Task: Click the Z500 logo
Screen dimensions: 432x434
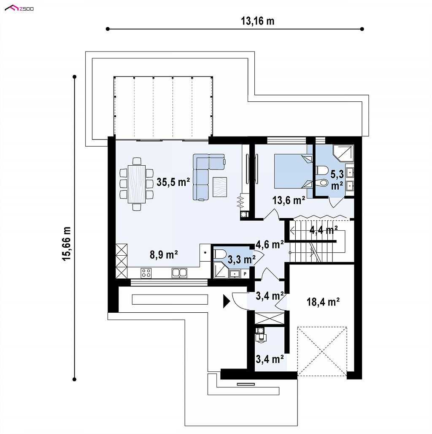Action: click(x=19, y=8)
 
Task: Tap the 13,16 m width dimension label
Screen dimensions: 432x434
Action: click(x=258, y=21)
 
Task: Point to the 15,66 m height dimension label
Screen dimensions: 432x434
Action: click(x=67, y=243)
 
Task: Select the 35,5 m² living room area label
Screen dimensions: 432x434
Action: click(x=173, y=182)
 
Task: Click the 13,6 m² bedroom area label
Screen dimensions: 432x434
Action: click(x=289, y=200)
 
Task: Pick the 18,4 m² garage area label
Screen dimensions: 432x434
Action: click(x=323, y=302)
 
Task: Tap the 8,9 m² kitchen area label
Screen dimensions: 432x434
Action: click(x=164, y=254)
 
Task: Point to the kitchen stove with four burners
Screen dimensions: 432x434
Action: click(x=146, y=273)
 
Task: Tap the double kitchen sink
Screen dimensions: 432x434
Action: click(x=179, y=273)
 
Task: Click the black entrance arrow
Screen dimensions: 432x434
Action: click(x=227, y=301)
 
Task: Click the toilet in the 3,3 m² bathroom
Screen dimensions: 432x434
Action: click(x=220, y=254)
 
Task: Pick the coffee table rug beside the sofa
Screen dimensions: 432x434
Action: click(x=220, y=187)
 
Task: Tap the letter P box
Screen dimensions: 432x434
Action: click(x=245, y=274)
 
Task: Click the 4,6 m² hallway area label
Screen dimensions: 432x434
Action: click(x=270, y=244)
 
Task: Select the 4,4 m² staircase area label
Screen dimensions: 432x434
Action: click(x=324, y=230)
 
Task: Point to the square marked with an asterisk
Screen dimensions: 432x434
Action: click(x=205, y=253)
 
